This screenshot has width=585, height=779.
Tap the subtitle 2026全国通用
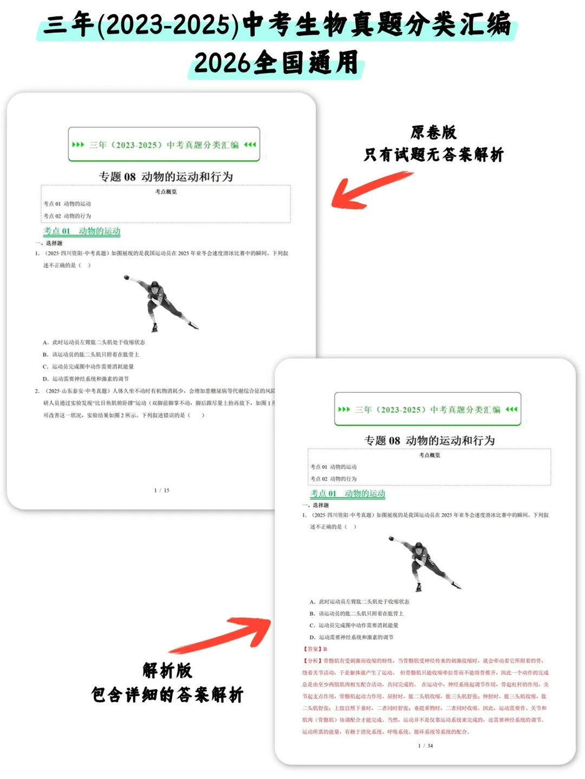[x=276, y=63]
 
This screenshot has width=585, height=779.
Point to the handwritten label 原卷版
[x=433, y=133]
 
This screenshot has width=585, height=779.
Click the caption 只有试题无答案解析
[x=433, y=155]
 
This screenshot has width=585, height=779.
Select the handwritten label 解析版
[x=167, y=671]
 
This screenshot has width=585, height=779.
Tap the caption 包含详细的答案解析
[x=167, y=695]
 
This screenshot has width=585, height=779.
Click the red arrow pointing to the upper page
[x=368, y=189]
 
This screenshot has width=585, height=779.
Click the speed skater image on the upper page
[x=160, y=303]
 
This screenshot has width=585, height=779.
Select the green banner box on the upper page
[x=164, y=144]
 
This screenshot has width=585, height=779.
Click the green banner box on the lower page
[x=427, y=410]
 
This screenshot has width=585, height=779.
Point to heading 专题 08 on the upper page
[x=166, y=177]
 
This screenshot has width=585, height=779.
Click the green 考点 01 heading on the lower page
[x=348, y=493]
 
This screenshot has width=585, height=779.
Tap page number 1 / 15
[x=161, y=490]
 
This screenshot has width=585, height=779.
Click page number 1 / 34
[x=425, y=745]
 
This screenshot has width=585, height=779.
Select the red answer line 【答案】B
[x=316, y=649]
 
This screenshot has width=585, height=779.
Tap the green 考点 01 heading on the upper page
[x=82, y=231]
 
